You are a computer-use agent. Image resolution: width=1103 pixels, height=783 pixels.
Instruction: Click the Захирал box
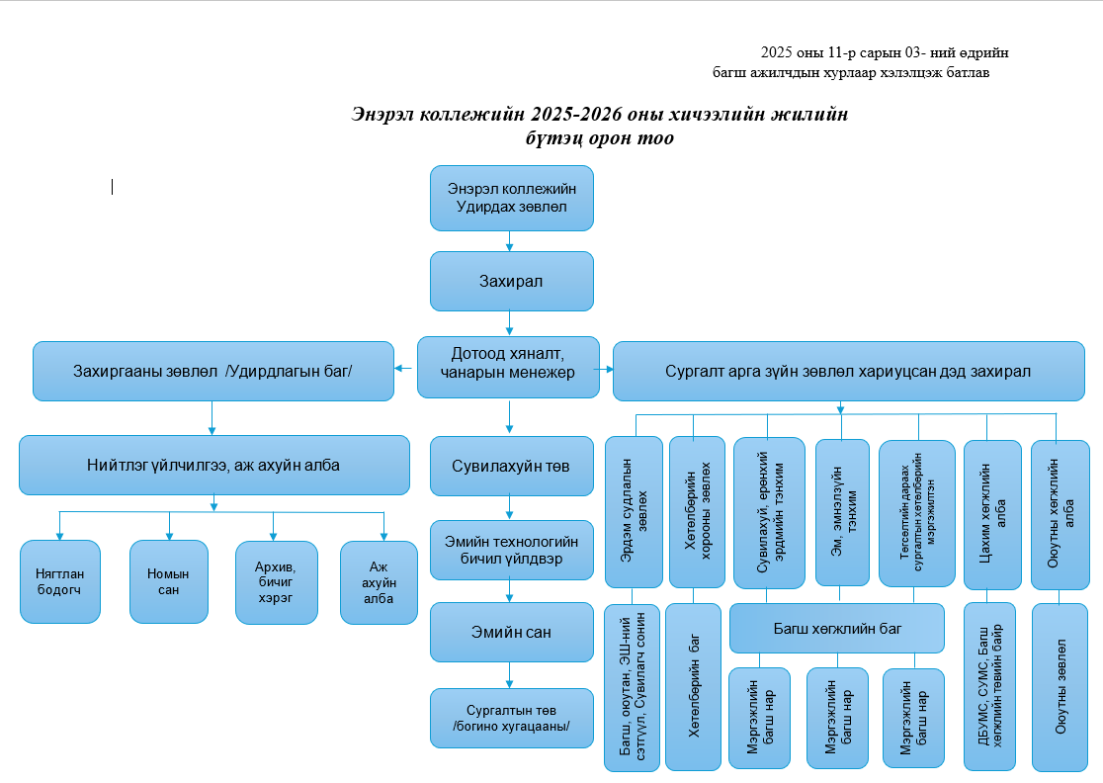511,281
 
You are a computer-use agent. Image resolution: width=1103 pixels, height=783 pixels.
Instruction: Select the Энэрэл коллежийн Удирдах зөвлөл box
511,198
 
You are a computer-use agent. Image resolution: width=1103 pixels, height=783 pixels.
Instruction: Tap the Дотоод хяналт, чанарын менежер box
509,368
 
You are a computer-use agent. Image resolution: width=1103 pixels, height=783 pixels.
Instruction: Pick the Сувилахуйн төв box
511,465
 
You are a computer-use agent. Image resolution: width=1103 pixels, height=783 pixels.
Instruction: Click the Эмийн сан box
511,632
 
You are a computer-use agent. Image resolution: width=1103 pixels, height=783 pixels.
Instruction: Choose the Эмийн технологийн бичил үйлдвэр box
511,550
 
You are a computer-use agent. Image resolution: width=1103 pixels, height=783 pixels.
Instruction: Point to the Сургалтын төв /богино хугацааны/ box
511,719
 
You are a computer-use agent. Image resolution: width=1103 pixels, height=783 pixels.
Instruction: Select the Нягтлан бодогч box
60,581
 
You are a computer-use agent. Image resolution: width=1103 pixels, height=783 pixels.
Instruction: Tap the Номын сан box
168,581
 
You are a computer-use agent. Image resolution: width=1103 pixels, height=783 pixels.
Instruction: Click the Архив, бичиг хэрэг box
276,582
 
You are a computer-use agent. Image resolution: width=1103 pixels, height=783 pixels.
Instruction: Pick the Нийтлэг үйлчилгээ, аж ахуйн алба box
213,465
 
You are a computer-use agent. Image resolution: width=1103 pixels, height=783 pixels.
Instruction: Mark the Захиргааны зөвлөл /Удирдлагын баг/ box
212,371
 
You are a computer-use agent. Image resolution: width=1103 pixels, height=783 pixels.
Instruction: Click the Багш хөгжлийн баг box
837,628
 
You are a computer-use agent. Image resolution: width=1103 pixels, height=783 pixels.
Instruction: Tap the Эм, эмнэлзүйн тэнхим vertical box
841,512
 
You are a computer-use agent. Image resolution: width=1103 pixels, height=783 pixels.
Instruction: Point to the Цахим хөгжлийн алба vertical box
989,512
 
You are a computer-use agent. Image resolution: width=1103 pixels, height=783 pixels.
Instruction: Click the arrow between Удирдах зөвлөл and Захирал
510,241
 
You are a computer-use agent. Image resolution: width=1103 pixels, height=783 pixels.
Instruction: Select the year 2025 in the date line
778,52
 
